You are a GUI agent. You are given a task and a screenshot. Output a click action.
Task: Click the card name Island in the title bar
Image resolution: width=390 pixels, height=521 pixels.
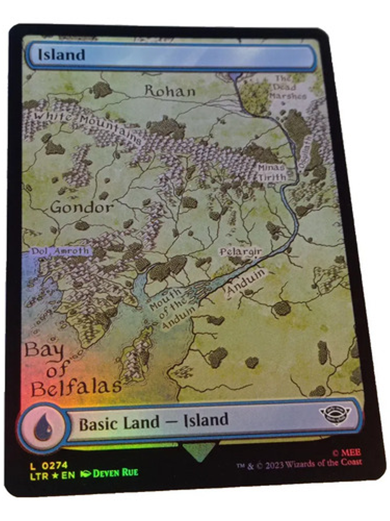click(x=62, y=55)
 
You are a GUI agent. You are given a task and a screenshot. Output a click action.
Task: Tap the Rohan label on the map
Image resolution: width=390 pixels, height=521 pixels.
click(x=170, y=91)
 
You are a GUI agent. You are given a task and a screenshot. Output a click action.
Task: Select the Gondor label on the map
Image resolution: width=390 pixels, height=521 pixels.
click(x=82, y=207)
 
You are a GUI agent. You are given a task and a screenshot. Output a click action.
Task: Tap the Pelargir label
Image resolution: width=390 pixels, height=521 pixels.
click(x=241, y=252)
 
